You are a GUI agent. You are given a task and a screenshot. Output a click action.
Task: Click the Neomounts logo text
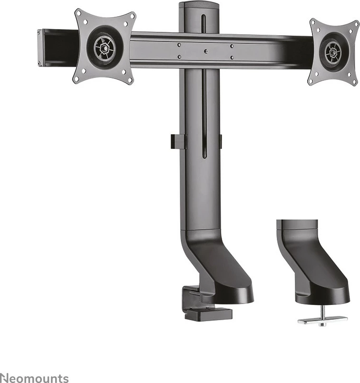[34, 378]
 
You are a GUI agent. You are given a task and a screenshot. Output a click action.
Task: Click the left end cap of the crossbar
[40, 47]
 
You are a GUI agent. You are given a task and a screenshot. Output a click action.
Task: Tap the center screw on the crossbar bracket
[205, 51]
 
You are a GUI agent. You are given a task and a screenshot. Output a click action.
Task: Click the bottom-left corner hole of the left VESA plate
[76, 79]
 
